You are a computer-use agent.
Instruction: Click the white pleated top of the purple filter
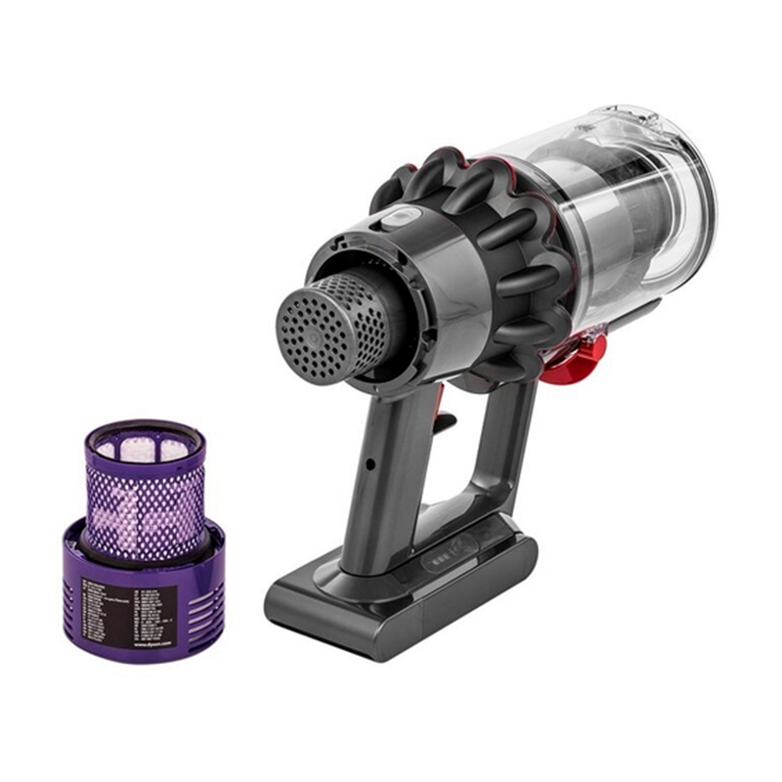click(144, 449)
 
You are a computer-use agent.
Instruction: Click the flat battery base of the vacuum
click(391, 606)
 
